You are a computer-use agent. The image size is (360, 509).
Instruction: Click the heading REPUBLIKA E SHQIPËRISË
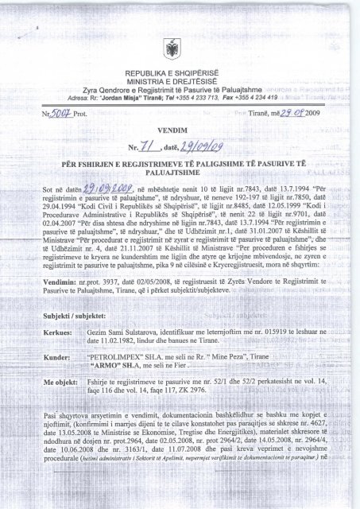[180, 72]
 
